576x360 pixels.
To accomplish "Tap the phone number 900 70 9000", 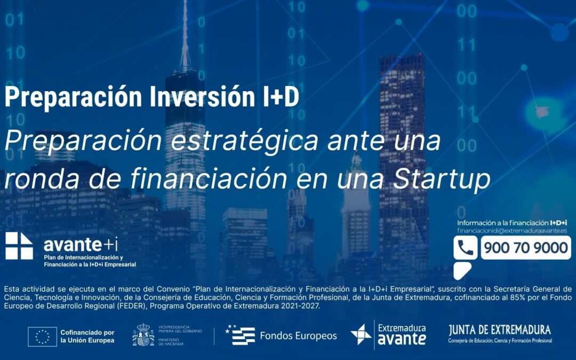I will (525, 248).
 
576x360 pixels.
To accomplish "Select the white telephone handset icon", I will (466, 248).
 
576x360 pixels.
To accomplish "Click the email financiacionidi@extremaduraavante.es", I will (512, 230).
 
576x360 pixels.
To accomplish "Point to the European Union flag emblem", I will (42, 336).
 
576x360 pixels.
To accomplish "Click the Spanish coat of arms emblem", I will (143, 335).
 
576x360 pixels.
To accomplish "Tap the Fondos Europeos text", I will (298, 335).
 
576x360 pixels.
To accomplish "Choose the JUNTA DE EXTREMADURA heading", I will (500, 330).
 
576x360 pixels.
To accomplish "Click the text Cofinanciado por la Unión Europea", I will (87, 336).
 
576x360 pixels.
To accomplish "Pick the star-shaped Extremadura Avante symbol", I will (361, 334).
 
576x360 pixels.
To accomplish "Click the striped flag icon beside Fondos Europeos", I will (240, 335).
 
